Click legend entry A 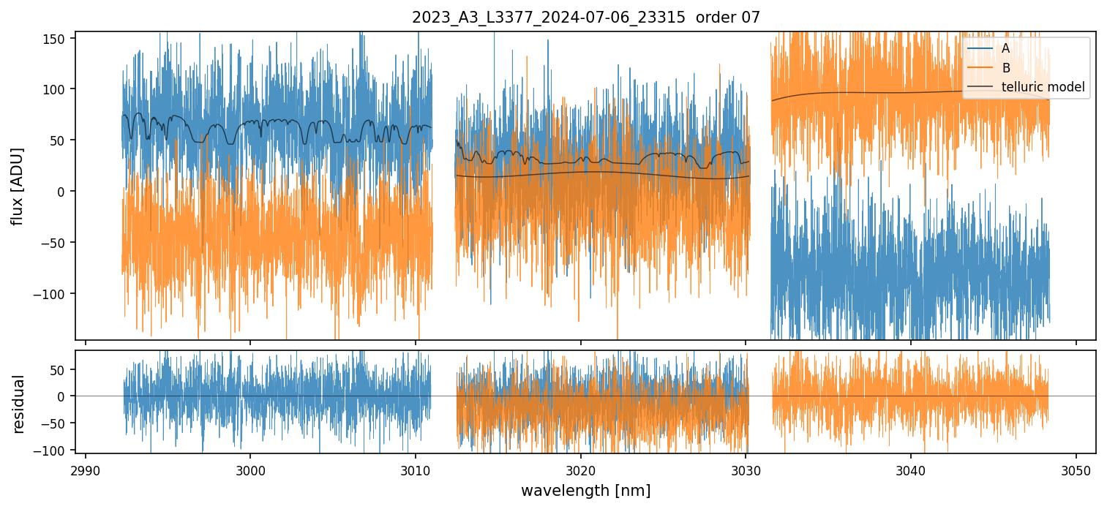pos(1005,48)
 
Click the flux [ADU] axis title pos(17,186)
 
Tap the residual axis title pos(18,404)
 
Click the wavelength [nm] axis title pos(585,490)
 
